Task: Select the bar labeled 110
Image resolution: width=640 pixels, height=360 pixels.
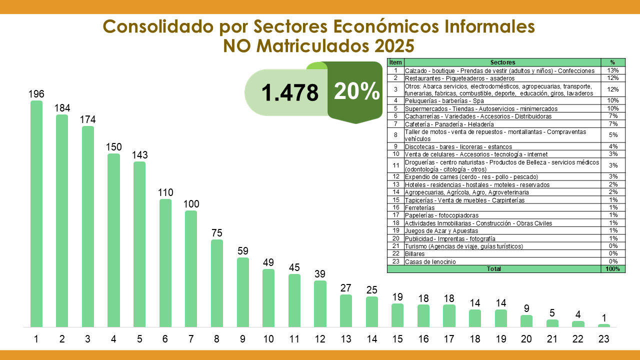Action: point(165,263)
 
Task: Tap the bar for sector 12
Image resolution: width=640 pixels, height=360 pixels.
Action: point(320,304)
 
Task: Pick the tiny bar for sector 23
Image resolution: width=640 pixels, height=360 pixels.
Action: point(604,325)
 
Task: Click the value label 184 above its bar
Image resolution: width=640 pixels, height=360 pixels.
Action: point(62,108)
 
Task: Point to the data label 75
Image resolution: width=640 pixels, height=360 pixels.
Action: point(217,233)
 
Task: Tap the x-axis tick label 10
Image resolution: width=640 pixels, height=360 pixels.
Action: point(268,339)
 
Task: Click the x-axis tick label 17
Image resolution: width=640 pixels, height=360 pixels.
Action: point(449,339)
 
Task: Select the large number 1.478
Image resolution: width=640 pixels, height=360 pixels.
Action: point(289,92)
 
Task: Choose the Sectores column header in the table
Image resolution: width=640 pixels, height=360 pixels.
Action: point(502,62)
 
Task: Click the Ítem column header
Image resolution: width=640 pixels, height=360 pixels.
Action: point(395,62)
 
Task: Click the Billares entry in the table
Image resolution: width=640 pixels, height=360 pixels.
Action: point(415,254)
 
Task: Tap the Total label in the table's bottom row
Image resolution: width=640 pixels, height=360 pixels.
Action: point(494,269)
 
